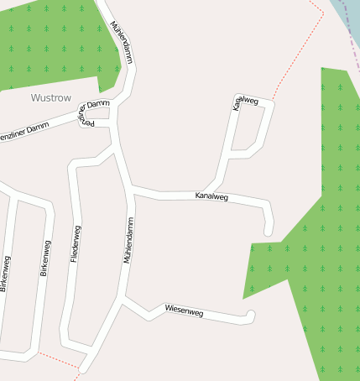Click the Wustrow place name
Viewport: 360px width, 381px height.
[52, 97]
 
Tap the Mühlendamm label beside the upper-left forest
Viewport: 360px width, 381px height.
[122, 43]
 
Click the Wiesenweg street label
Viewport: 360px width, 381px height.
[184, 311]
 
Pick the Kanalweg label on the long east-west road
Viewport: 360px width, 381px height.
[211, 196]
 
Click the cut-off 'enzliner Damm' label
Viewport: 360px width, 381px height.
[25, 130]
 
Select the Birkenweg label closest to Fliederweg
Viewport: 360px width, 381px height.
[45, 259]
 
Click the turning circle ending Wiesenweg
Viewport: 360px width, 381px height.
[250, 316]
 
